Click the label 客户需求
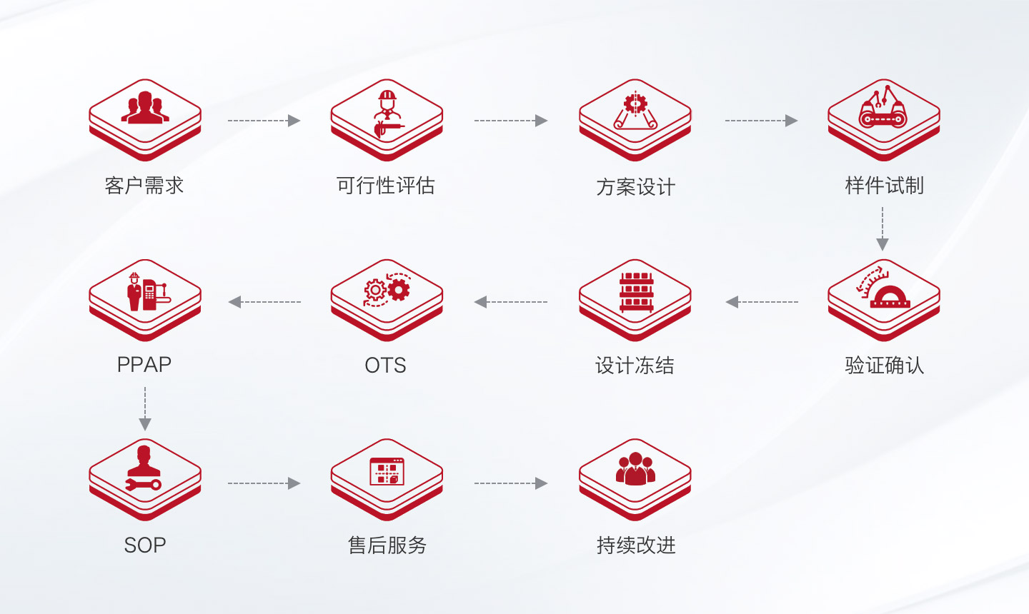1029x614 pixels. pos(144,186)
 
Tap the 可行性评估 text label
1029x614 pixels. pos(385,186)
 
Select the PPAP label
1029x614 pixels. pos(144,365)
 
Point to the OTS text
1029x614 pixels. pos(385,366)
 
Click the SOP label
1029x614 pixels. pos(144,545)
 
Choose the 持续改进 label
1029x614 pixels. pos(636,545)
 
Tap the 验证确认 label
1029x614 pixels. pos(885,366)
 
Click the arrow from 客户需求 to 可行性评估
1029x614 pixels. pos(264,121)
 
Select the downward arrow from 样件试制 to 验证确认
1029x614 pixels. pos(883,229)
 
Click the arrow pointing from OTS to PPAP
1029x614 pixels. pos(264,302)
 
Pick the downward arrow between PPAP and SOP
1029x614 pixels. pos(145,409)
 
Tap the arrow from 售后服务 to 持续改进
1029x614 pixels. pos(511,483)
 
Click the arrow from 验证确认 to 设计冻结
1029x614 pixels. pos(762,302)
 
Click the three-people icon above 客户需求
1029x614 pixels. pos(145,107)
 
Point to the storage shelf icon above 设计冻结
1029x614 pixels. pos(636,292)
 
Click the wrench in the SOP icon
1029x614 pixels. pos(144,484)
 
